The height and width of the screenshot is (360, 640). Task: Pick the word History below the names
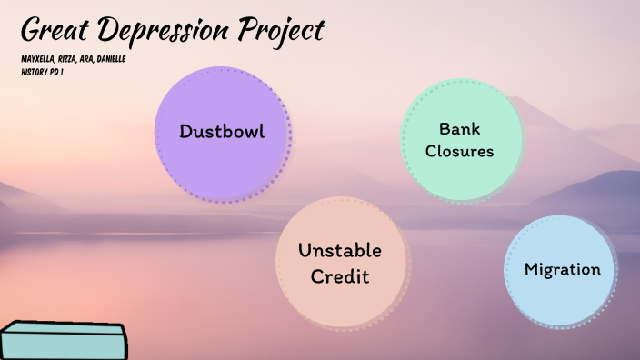(x=34, y=70)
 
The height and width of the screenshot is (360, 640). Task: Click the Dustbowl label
(x=222, y=131)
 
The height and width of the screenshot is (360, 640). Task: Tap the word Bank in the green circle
(x=459, y=128)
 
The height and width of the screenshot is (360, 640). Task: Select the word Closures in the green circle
(x=459, y=150)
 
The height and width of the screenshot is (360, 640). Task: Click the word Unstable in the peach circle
(x=340, y=251)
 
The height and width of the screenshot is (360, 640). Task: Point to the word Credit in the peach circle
(x=340, y=276)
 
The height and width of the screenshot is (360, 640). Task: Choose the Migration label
(x=562, y=269)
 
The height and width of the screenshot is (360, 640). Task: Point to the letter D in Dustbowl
(x=185, y=131)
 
